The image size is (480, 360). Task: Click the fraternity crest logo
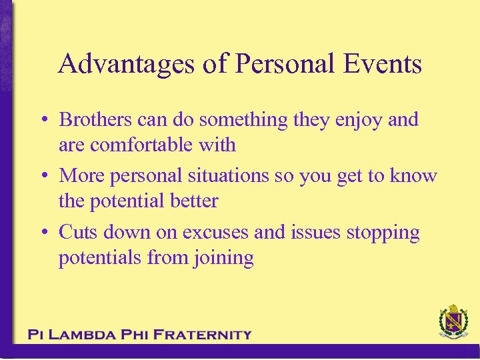453,323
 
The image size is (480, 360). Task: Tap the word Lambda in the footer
87,335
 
